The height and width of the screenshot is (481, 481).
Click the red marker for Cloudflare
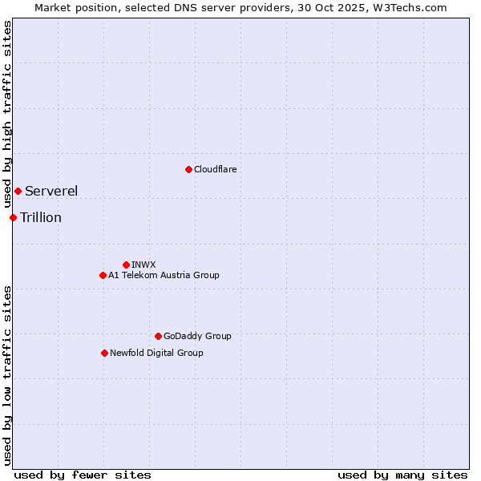pos(188,169)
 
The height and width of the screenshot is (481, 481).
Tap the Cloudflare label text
pos(216,169)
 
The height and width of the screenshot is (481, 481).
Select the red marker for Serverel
pos(18,191)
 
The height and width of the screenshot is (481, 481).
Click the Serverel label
pos(51,191)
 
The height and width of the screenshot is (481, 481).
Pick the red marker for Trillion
pos(13,217)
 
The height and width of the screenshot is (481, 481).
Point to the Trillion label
pos(41,217)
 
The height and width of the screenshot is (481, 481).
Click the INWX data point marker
pos(126,265)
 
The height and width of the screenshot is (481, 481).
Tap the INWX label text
pos(144,265)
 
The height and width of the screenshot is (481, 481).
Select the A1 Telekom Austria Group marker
pos(103,275)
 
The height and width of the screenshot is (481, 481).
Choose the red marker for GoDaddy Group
pos(158,336)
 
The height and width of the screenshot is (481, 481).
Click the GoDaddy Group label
pos(197,336)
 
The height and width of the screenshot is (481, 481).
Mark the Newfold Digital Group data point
pos(104,353)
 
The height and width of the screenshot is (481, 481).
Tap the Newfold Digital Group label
pos(156,353)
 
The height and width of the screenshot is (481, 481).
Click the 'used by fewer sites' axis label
pos(83,475)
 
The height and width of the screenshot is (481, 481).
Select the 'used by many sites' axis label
pos(402,475)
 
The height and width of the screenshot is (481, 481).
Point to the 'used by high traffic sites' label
pos(7,115)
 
